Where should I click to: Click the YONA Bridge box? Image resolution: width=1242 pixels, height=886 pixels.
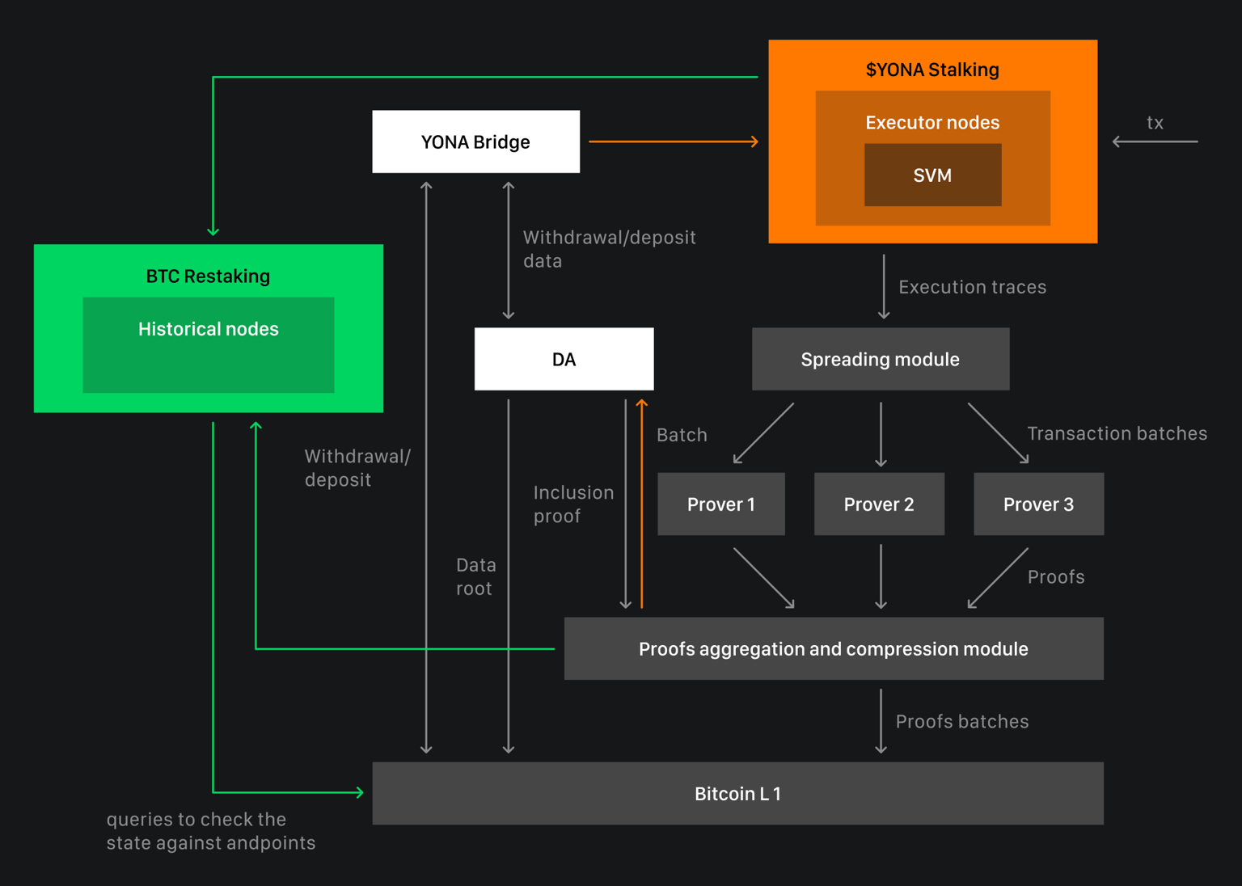[475, 141]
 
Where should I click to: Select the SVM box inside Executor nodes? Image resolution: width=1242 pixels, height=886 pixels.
[932, 175]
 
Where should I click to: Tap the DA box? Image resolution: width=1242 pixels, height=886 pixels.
[564, 359]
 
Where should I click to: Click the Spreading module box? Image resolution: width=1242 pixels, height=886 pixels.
[880, 359]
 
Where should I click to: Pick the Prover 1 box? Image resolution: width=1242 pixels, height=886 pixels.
[720, 504]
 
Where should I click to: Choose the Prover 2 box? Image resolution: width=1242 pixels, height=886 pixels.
[879, 504]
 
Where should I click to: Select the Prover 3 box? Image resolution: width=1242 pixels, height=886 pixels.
[1038, 504]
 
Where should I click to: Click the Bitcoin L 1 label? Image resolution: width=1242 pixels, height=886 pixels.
[737, 794]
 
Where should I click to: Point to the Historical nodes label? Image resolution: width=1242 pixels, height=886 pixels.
[208, 329]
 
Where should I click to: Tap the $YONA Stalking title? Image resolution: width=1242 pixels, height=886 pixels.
[932, 70]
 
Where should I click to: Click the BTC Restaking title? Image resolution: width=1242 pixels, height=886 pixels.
[208, 276]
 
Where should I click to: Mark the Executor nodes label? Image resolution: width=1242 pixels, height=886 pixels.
[932, 123]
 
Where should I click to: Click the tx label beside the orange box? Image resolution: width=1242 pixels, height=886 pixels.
[1155, 123]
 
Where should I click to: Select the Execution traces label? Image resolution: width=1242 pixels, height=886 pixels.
[972, 287]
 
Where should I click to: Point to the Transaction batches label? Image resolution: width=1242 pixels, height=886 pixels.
[1117, 433]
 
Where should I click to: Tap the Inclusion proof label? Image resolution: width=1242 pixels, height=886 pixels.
[573, 504]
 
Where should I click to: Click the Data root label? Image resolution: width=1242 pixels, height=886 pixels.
[475, 576]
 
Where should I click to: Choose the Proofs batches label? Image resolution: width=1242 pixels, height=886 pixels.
[961, 721]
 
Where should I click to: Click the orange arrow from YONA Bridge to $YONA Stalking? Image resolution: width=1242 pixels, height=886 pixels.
[673, 141]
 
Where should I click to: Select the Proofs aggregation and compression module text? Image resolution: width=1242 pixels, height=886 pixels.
[833, 649]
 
